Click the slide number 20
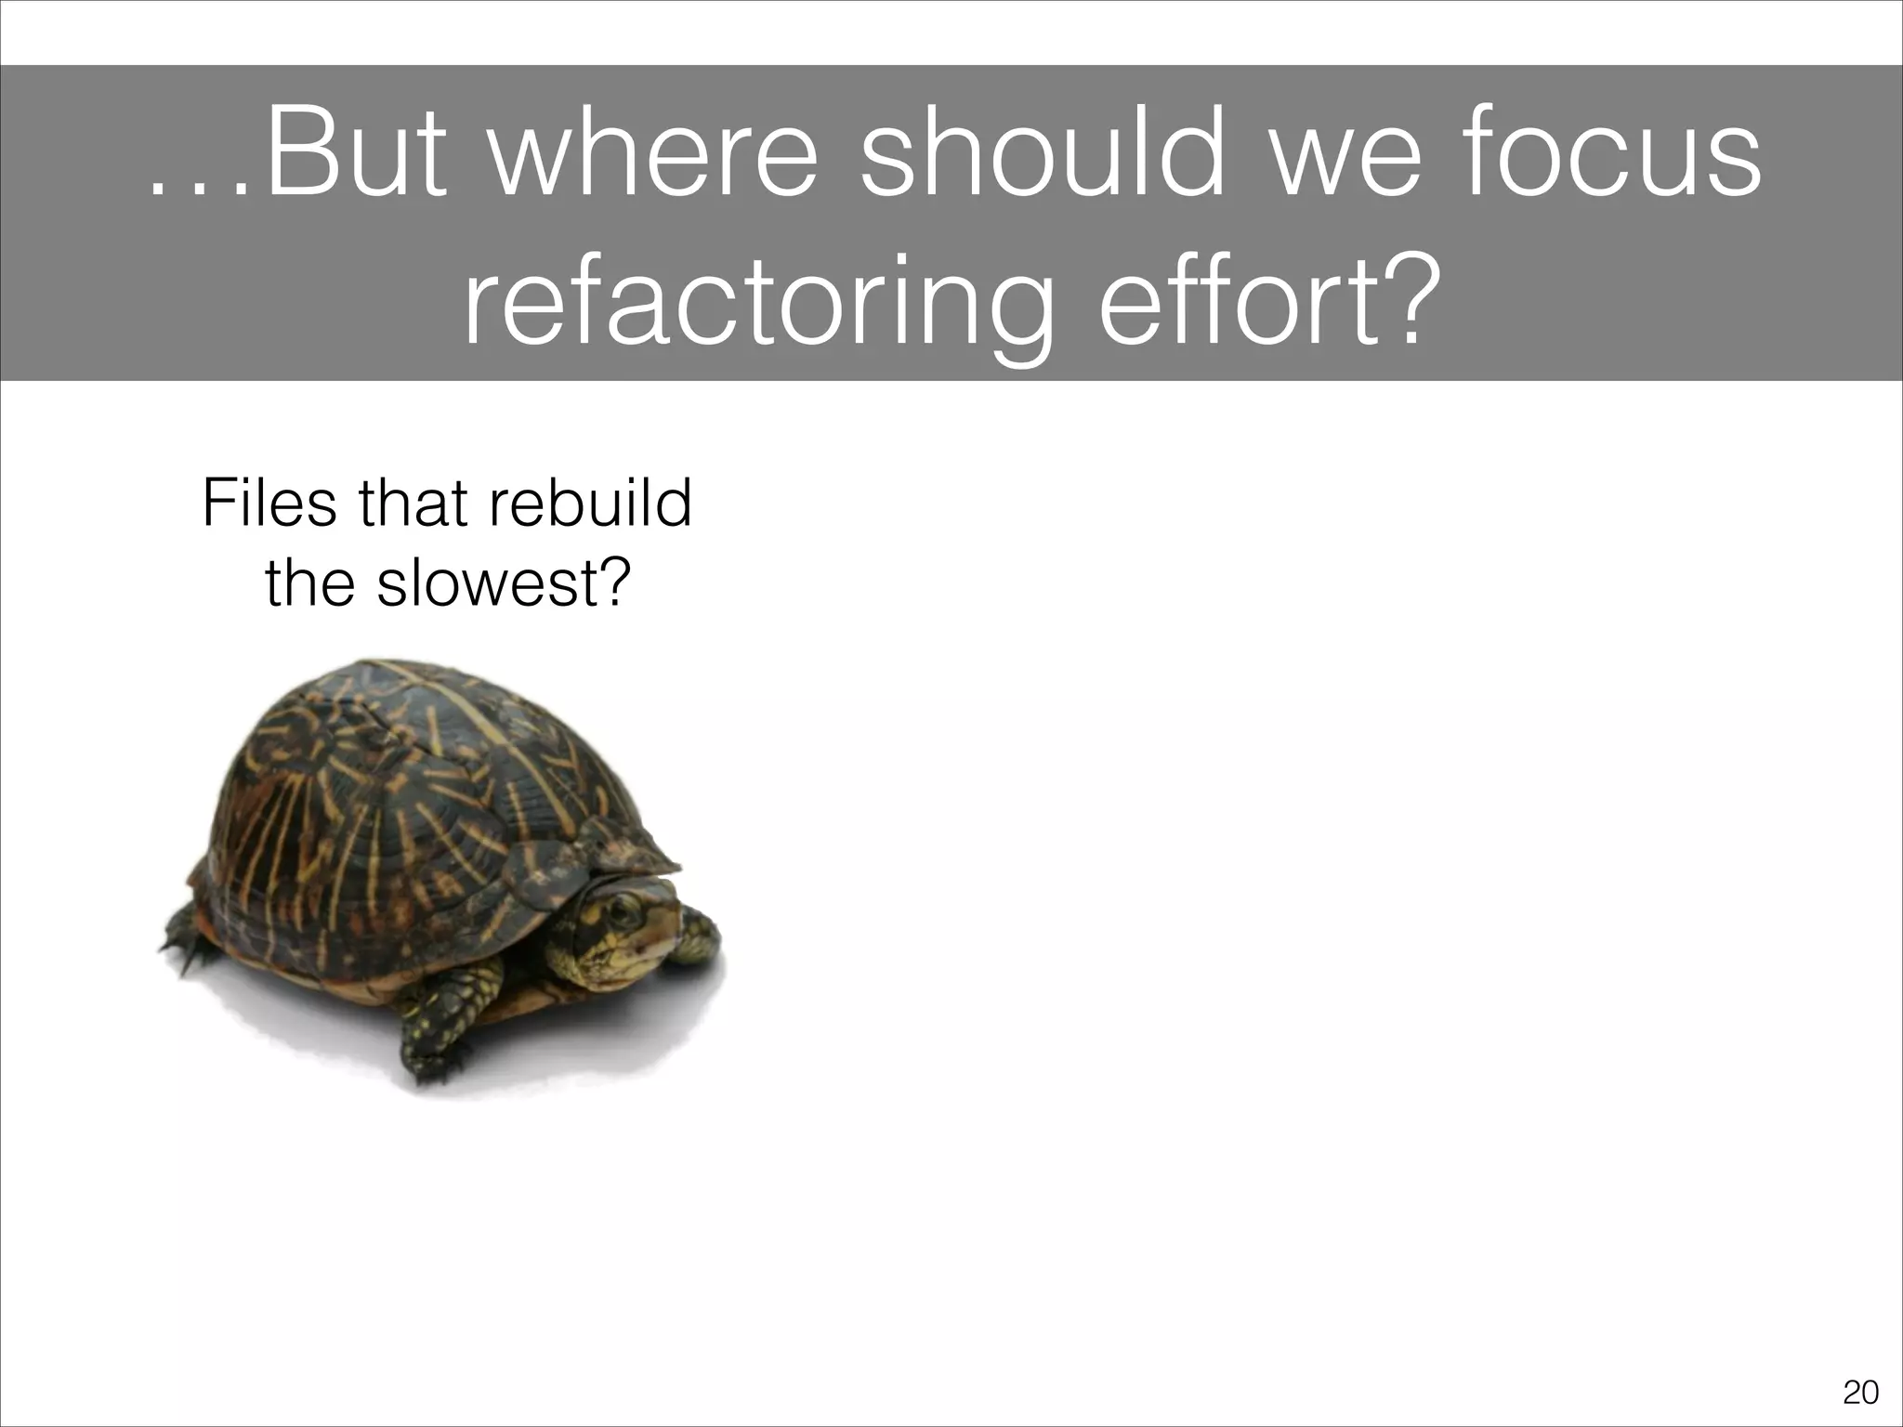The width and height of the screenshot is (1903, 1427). (x=1859, y=1392)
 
